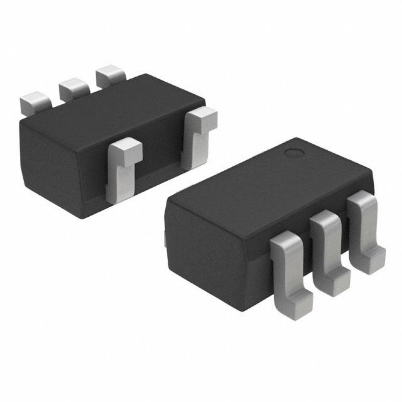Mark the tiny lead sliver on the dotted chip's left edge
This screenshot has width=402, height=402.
click(165, 239)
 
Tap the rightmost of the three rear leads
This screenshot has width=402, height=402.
click(110, 75)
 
